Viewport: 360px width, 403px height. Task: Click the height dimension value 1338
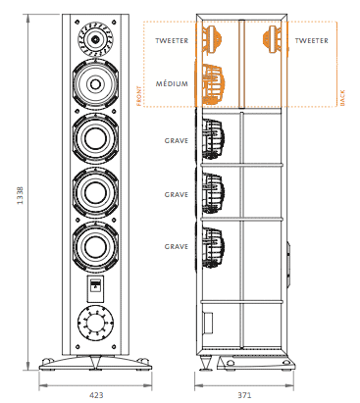click(21, 195)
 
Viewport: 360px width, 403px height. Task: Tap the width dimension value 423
click(96, 395)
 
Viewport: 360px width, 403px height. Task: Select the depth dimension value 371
click(244, 395)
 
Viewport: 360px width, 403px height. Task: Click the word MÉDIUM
click(172, 83)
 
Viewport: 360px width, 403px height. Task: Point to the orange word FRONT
click(139, 96)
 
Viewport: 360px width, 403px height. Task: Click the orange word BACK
click(342, 98)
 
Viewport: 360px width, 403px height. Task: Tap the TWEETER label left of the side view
click(172, 41)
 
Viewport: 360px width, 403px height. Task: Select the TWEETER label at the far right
click(311, 41)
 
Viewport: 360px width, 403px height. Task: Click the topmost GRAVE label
click(177, 141)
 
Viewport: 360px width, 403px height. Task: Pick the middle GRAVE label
click(177, 195)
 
